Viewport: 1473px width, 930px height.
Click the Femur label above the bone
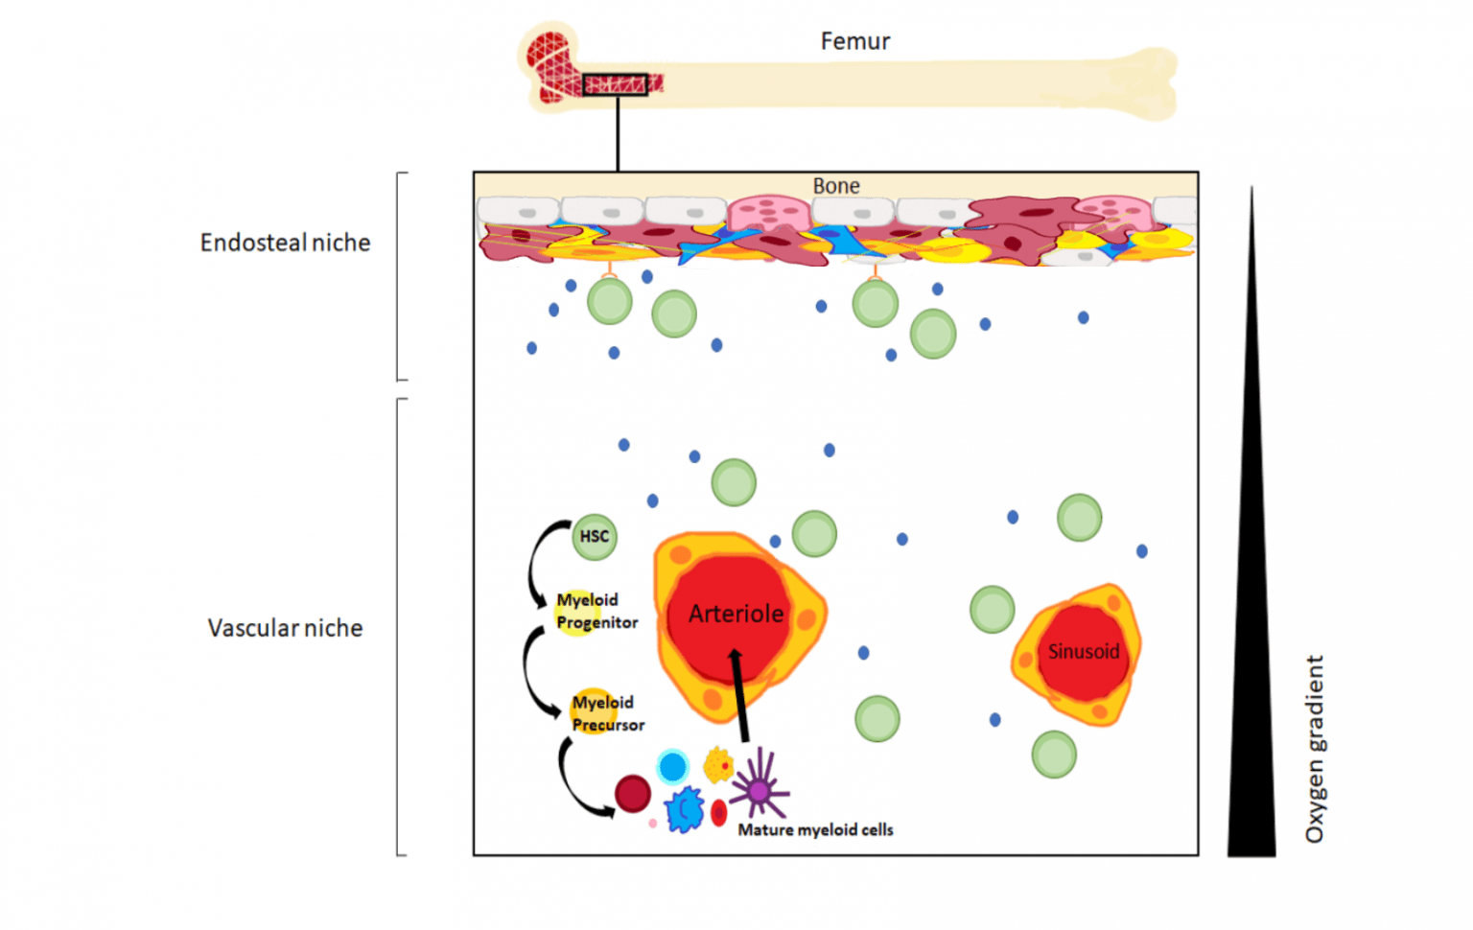(x=854, y=41)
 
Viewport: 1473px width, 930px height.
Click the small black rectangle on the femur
(x=615, y=85)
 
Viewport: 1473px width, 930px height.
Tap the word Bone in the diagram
(x=835, y=186)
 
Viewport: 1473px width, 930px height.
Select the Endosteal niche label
(x=285, y=243)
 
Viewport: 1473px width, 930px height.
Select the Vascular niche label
(x=285, y=628)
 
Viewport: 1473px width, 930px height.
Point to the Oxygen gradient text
(x=1315, y=749)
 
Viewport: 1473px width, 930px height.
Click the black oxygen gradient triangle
(x=1251, y=671)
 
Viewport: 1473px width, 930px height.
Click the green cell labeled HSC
(x=594, y=536)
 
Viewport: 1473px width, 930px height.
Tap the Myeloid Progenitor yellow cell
(x=575, y=612)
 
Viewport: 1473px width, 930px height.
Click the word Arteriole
(x=736, y=614)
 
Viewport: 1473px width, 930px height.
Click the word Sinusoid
(x=1083, y=652)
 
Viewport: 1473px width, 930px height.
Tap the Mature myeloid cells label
(x=815, y=830)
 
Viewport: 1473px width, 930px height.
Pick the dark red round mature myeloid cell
(x=632, y=794)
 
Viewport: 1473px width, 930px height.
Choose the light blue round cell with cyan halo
(x=672, y=767)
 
